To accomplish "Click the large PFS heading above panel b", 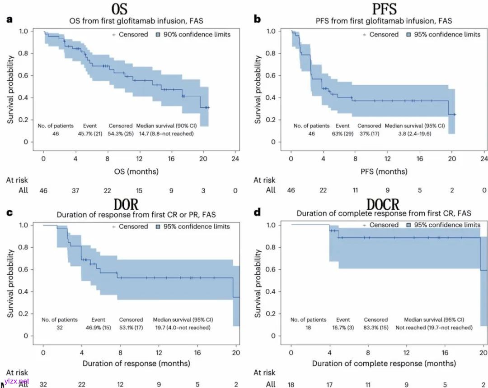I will point(384,9).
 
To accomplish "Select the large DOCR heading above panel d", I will point(383,203).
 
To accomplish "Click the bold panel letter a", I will point(8,19).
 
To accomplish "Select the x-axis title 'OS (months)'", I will point(139,171).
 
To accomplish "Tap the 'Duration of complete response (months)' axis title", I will point(384,364).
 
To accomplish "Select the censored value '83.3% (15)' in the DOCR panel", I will point(375,327).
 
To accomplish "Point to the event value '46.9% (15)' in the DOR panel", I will point(99,327).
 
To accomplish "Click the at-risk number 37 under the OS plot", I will point(75,190).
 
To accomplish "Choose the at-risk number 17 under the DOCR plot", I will point(330,384).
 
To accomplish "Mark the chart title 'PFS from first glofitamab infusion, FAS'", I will point(384,21).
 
